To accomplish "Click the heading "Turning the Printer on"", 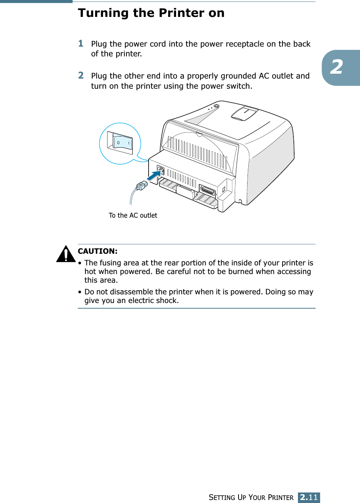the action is coord(151,13).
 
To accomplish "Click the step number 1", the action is coord(81,44).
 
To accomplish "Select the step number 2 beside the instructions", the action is coord(81,76).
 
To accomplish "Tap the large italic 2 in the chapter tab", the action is coord(336,67).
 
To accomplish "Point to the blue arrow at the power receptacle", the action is coord(153,176).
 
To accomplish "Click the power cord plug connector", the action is coord(141,185).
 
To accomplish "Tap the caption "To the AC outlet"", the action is coord(133,215).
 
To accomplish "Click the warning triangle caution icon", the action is coord(66,254).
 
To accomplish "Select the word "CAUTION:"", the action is coord(97,251).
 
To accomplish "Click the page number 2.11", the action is coord(309,497).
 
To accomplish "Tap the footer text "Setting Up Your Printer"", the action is coord(251,497).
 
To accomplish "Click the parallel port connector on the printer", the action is coord(207,190).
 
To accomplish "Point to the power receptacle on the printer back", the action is coord(160,171).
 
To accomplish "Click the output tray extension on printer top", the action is coord(244,113).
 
